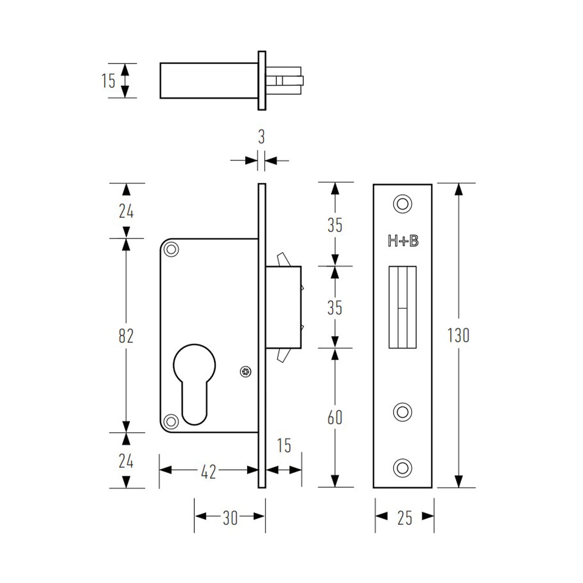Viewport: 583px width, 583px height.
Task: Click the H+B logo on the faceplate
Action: (x=403, y=241)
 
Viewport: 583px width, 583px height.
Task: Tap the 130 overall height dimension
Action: (x=458, y=335)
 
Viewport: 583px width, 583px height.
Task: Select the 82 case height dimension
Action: (x=126, y=336)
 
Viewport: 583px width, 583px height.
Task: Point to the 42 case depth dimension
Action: (x=208, y=471)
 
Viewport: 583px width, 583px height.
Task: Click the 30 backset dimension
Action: (x=230, y=518)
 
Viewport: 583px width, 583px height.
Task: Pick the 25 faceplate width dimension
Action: (x=405, y=518)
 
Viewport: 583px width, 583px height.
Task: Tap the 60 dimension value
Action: (x=334, y=418)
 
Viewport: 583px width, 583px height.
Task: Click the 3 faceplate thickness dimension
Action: (x=261, y=137)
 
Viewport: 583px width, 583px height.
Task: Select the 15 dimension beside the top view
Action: (x=108, y=81)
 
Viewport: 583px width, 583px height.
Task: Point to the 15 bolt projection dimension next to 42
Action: (x=284, y=446)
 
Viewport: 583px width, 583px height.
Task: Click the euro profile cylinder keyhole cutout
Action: (x=194, y=383)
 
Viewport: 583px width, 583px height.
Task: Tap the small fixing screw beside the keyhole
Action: (x=245, y=372)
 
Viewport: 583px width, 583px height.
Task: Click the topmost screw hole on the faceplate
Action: (x=402, y=204)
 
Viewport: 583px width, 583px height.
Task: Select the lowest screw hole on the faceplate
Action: (x=402, y=468)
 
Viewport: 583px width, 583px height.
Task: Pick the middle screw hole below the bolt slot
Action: (x=402, y=412)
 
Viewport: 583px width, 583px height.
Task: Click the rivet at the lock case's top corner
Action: (x=171, y=249)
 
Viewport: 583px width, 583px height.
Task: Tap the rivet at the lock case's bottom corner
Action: (x=171, y=422)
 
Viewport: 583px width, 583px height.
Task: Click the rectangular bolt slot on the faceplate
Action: (x=402, y=307)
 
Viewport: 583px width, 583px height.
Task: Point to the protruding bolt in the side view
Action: (x=283, y=307)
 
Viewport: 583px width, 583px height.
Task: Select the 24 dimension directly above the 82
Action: (x=126, y=211)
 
